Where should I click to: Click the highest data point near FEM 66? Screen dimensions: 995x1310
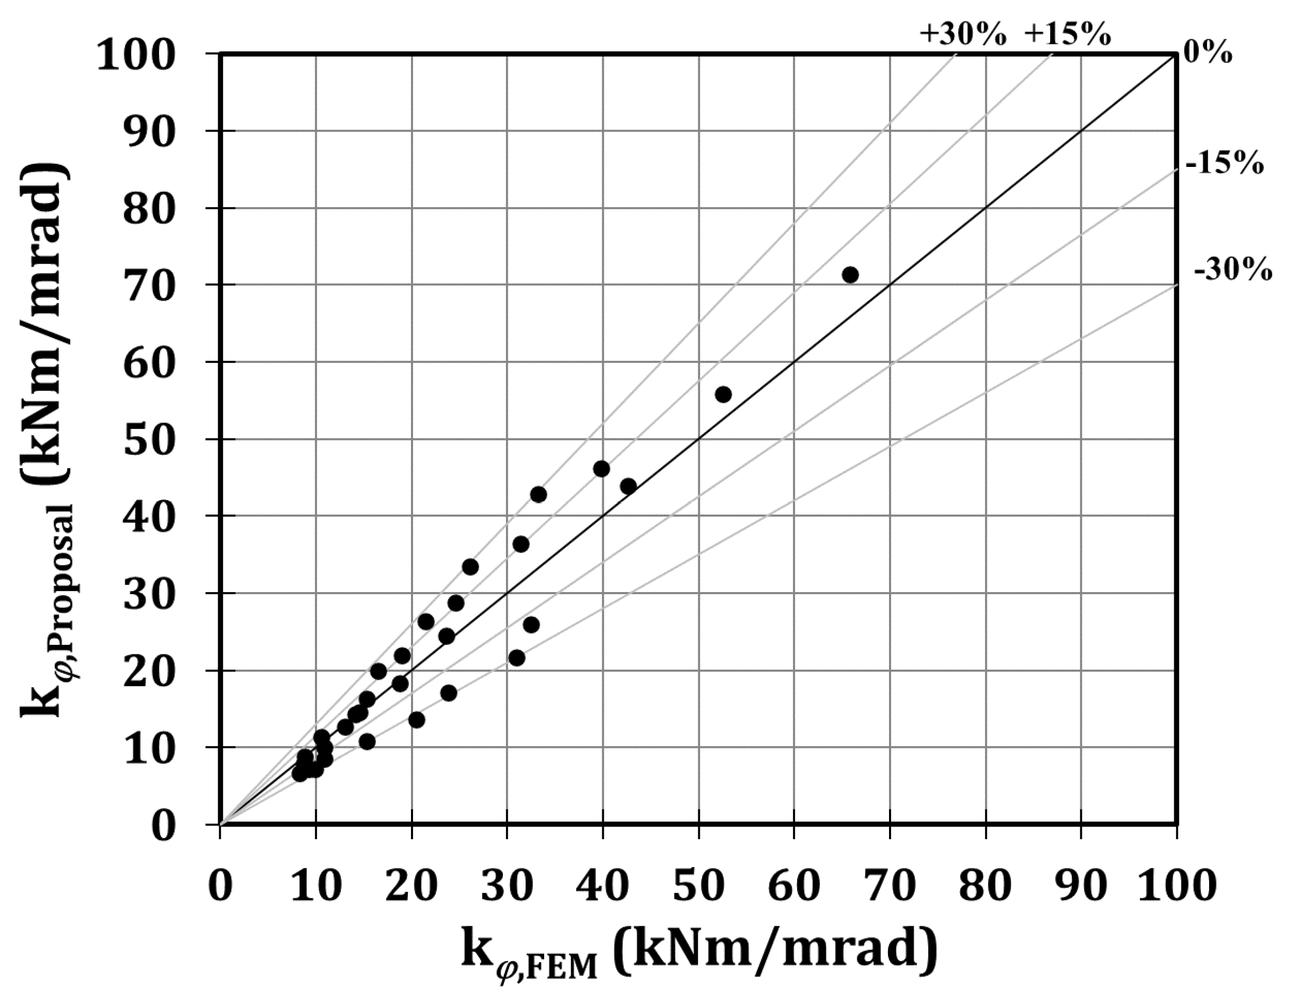(850, 275)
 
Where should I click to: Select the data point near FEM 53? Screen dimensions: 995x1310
(723, 395)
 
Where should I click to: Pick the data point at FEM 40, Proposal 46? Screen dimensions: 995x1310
(601, 469)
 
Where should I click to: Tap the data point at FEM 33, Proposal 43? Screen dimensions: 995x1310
(538, 494)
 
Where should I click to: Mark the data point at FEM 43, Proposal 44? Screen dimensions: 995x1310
(629, 486)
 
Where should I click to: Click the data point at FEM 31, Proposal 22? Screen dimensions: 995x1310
(517, 658)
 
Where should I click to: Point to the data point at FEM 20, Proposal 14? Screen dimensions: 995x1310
(416, 720)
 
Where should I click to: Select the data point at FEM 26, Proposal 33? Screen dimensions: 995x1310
(470, 567)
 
